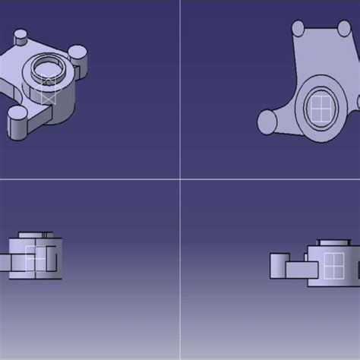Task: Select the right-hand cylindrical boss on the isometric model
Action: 78,53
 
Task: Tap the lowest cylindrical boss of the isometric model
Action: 17,121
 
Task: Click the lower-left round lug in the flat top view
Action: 267,122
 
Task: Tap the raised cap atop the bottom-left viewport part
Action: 33,235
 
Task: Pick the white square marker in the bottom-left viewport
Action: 35,258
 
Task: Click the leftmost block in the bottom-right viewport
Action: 277,264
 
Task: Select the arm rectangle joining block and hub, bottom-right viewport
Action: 298,267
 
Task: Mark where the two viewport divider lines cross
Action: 180,179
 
